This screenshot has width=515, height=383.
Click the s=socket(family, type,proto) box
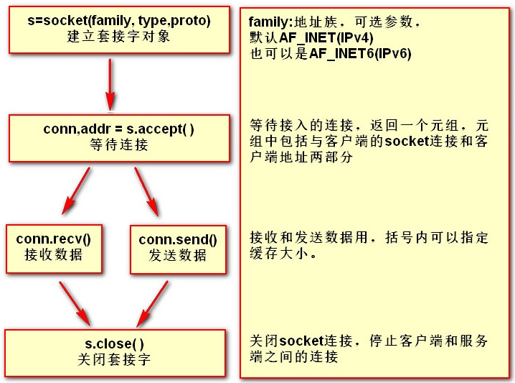pos(119,29)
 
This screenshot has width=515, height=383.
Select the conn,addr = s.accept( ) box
pos(119,138)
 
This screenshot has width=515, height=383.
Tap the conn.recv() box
pos(54,249)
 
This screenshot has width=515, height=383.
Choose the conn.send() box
pos(178,249)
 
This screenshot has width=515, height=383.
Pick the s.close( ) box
pos(115,353)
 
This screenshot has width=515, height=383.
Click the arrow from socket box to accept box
pos(110,85)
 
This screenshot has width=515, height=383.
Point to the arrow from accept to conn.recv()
pos(76,191)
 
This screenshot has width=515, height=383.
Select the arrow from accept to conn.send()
pos(146,191)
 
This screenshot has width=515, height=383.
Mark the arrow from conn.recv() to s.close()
pos(75,304)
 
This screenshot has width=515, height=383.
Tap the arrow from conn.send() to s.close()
pos(152,304)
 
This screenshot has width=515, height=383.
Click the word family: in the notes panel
pos(270,22)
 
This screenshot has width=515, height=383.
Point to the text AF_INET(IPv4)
pos(326,38)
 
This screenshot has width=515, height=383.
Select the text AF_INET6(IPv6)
pos(360,53)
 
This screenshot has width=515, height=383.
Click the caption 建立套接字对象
pos(118,37)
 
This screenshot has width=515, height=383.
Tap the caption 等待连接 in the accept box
pos(119,144)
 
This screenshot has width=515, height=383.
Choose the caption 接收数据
pos(54,254)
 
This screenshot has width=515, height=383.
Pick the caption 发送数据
pos(178,255)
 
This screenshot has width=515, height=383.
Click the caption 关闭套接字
pos(114,359)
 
